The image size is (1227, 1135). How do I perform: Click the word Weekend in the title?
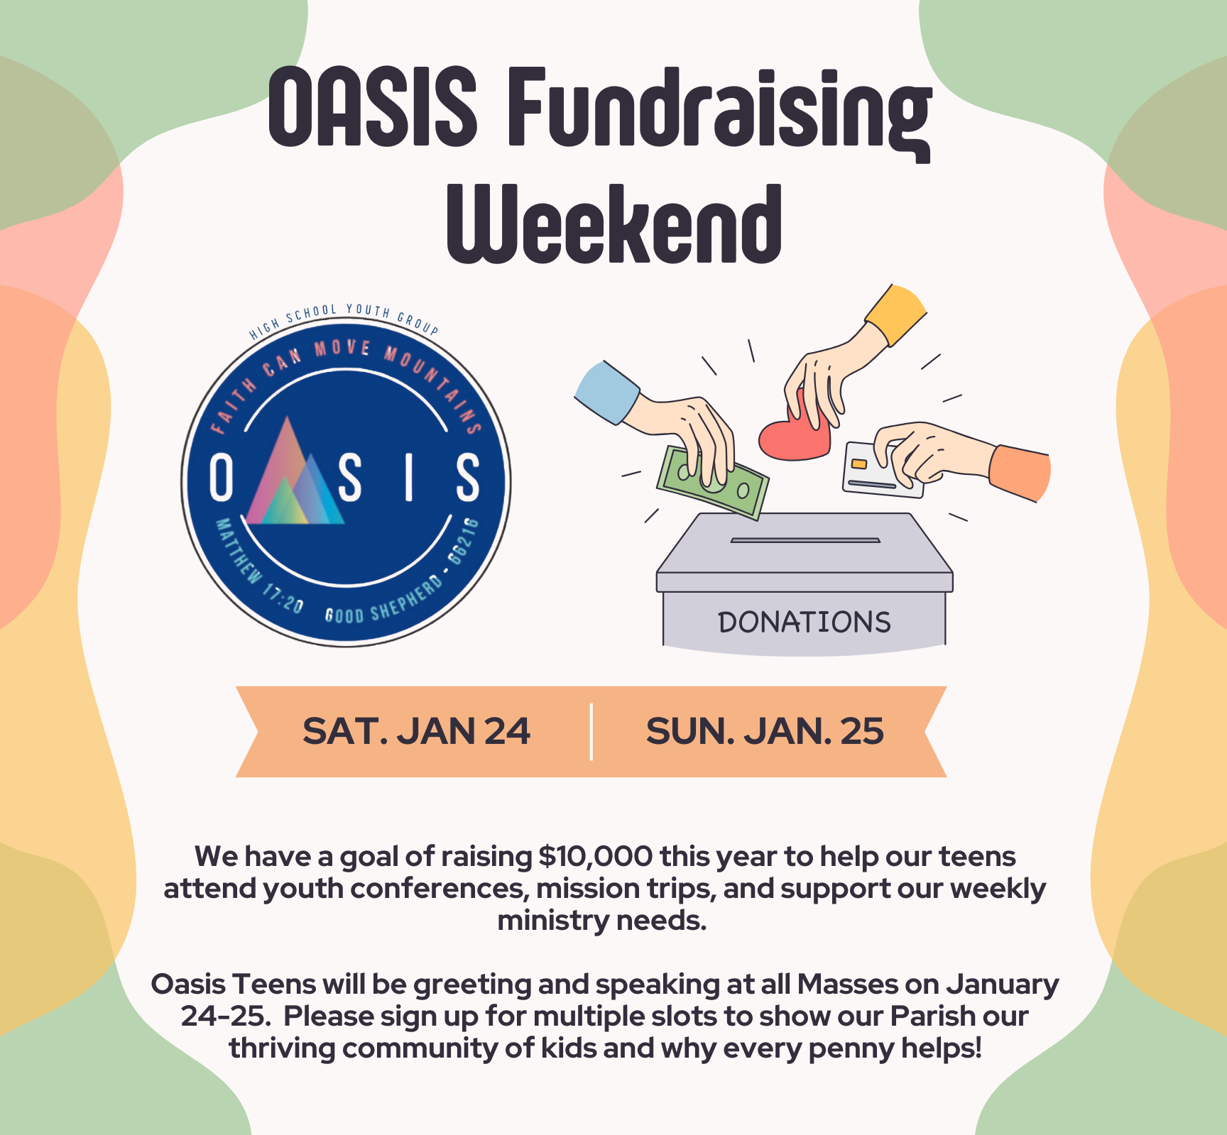point(614,224)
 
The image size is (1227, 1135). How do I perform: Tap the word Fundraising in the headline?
point(719,114)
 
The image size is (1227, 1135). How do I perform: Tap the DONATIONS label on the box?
point(805,623)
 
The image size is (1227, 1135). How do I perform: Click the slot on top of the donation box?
point(805,540)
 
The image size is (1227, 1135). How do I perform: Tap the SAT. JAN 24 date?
point(416,731)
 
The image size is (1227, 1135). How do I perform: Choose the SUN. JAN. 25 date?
point(765,731)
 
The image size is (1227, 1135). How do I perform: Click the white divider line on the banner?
point(591,732)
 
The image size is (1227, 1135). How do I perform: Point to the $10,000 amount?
point(595,857)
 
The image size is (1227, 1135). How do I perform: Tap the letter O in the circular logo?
point(222,478)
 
